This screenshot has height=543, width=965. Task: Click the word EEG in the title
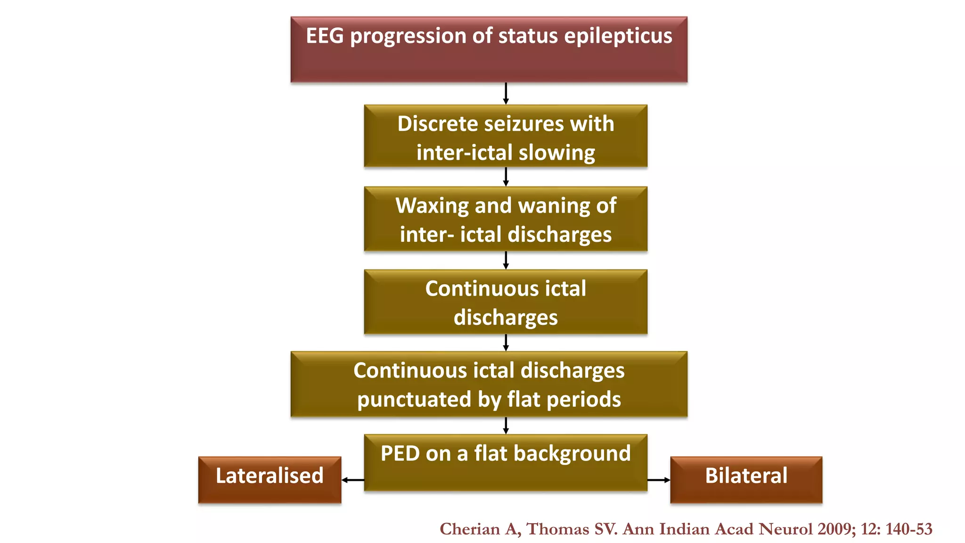click(x=325, y=36)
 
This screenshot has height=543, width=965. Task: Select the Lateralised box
click(x=270, y=479)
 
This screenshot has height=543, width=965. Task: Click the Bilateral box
click(x=746, y=479)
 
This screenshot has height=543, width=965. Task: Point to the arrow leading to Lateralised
click(x=352, y=480)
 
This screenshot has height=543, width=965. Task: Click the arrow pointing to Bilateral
click(x=659, y=480)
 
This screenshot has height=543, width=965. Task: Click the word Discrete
click(x=437, y=124)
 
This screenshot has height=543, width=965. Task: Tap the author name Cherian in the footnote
click(x=470, y=529)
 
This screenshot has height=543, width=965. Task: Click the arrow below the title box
click(x=506, y=93)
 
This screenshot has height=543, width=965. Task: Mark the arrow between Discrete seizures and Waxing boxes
click(x=506, y=177)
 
